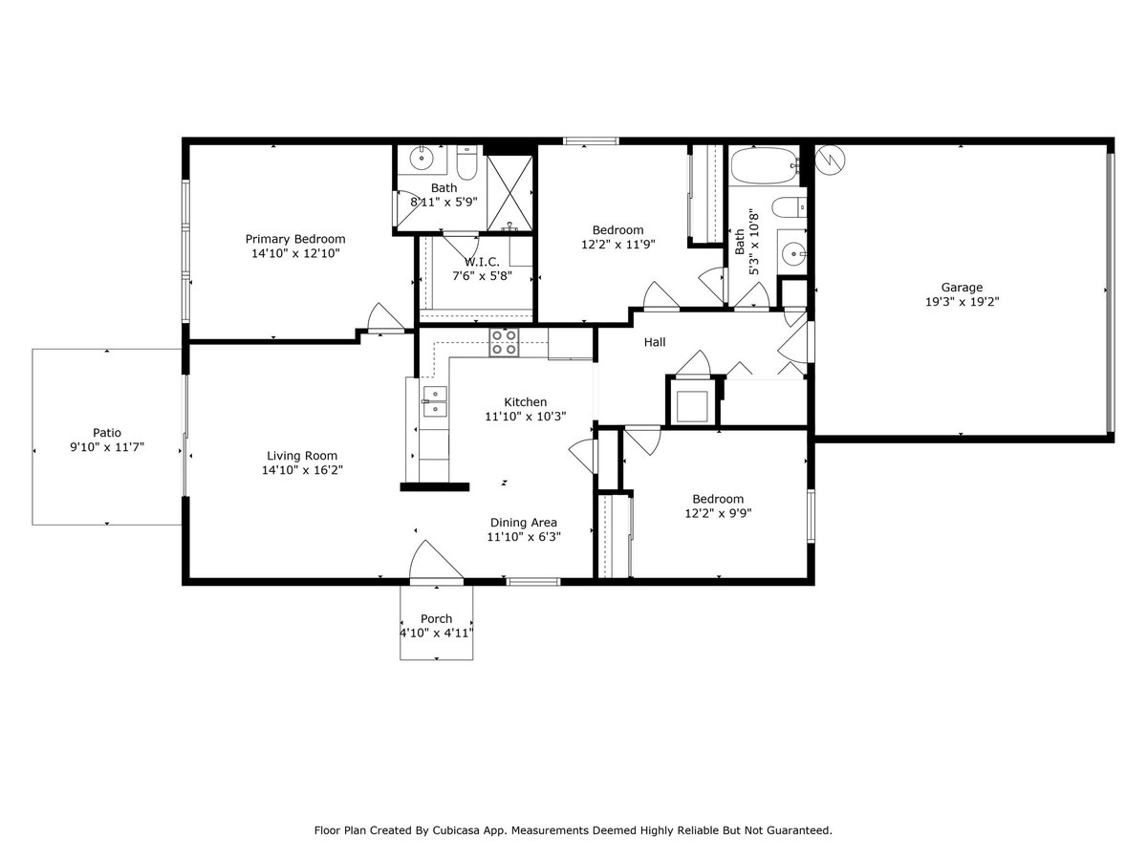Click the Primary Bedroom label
(295, 239)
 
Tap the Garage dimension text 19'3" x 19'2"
(962, 301)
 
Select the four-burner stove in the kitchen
(504, 342)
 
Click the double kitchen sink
(435, 401)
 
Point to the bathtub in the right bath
(764, 165)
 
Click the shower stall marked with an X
(509, 193)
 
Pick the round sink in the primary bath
(422, 158)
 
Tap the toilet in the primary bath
(466, 161)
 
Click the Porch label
(436, 619)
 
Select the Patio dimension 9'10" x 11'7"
(107, 447)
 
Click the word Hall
(655, 342)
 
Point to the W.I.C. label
(482, 262)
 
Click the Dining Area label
(524, 522)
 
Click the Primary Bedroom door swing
(386, 317)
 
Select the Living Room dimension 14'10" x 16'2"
(302, 470)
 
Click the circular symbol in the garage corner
(830, 160)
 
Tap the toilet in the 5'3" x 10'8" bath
(790, 207)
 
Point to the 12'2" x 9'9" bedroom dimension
(718, 513)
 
